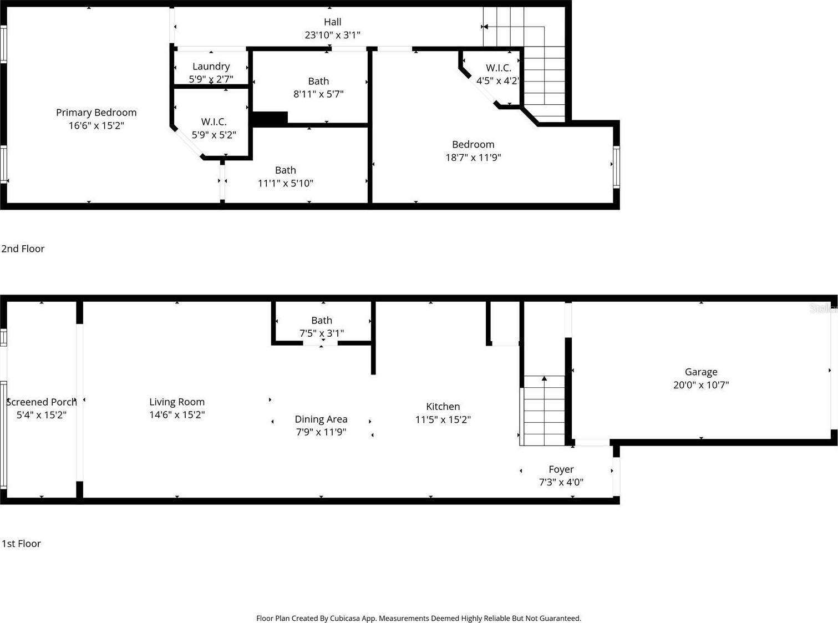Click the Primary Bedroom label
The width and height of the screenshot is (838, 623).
pos(96,113)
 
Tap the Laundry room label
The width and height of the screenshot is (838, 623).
pos(211,67)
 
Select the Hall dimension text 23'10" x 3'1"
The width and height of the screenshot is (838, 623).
pos(332,35)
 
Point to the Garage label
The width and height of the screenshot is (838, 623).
pos(701,372)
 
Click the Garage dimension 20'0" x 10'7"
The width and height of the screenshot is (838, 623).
pos(701,385)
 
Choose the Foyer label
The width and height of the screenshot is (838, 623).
pos(561,469)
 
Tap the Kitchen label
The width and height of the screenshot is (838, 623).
pos(443,407)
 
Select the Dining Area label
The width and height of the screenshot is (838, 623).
pos(321,419)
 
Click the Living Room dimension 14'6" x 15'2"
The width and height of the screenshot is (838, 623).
pos(177,415)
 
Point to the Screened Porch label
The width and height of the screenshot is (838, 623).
pos(42,402)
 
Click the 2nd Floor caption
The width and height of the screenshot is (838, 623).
pos(23,249)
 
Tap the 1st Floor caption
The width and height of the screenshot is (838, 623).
pos(21,544)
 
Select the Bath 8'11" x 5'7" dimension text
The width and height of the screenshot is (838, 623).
pos(318,94)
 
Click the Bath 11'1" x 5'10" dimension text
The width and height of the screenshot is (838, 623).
pos(285,183)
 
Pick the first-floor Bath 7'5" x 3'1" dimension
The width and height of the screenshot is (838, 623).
pos(322,333)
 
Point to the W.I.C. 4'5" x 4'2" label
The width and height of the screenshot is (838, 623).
pos(499,68)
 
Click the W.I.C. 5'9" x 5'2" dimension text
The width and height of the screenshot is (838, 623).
pos(214,135)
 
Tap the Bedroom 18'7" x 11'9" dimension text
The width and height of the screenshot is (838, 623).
pos(473,157)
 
